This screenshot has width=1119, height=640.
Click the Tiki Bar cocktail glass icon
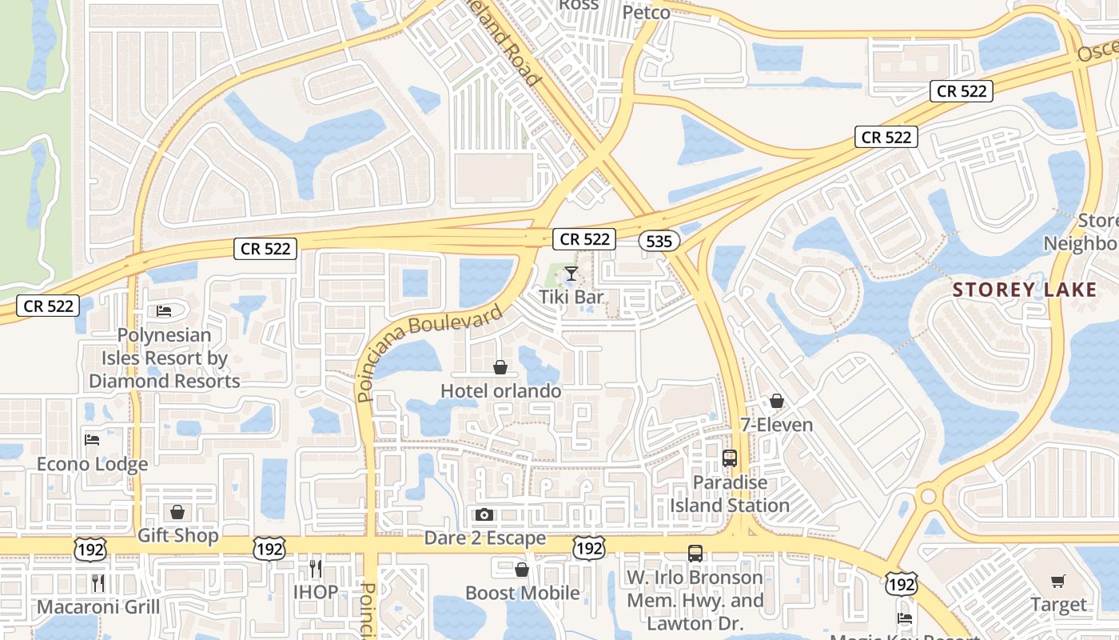571,274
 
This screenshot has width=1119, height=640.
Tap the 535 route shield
659,241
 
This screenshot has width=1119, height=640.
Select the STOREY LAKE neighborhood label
1025,290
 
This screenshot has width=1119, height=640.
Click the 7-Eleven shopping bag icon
776,401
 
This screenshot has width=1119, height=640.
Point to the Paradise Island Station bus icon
729,458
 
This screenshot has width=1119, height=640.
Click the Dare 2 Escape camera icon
484,515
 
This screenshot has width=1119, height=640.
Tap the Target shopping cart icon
1057,582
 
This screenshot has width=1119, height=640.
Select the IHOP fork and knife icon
316,569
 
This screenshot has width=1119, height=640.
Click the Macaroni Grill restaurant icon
98,583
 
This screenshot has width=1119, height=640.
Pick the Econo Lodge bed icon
92,439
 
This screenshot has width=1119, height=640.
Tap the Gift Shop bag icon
177,511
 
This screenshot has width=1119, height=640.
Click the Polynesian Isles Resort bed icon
164,310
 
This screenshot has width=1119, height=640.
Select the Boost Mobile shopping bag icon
521,570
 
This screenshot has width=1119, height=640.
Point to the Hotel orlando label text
501,391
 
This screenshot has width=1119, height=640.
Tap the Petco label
646,13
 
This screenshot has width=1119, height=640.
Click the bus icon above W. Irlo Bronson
695,553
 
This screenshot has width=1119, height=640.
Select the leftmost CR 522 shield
49,306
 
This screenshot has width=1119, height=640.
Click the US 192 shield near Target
901,584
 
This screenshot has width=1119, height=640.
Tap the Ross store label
579,5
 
